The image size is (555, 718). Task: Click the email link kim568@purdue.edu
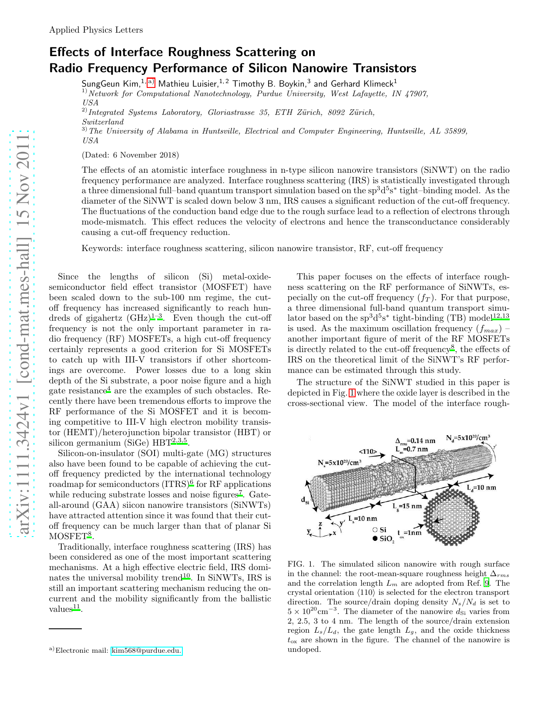(146, 651)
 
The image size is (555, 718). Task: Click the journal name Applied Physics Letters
(96, 30)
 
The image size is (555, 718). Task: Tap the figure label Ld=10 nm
(481, 487)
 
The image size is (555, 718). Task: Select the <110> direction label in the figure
(368, 452)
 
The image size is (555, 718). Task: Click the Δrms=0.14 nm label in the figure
(415, 440)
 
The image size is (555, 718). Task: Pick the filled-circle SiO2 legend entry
(383, 539)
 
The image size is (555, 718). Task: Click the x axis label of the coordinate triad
(334, 533)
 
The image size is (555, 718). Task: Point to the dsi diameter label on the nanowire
(305, 500)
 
